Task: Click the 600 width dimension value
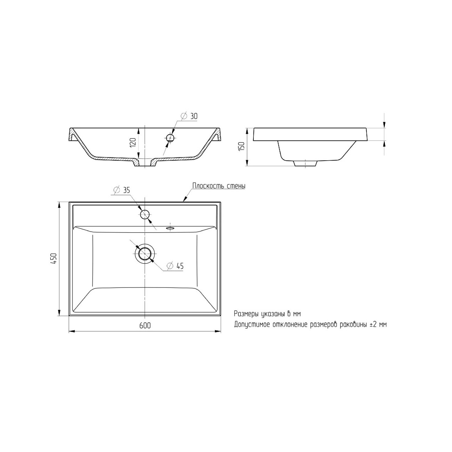[145, 325]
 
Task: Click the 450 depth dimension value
[54, 258]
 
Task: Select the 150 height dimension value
[242, 147]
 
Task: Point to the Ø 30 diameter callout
[189, 116]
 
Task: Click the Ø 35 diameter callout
[121, 190]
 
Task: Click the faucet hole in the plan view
[145, 214]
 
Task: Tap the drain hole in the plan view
[145, 253]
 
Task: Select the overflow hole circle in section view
[170, 138]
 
